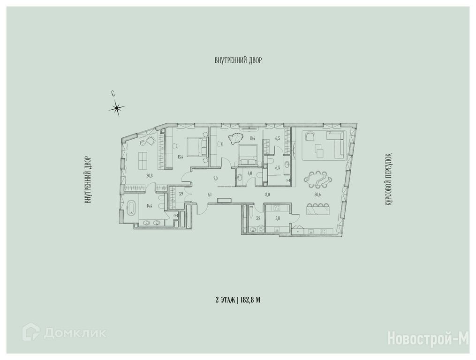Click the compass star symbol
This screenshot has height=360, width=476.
pos(117,108)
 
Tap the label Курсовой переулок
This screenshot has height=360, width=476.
pos(390,180)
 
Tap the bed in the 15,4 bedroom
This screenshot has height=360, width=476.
pos(197,146)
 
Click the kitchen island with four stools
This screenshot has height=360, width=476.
pos(318,209)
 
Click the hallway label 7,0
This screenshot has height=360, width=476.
pos(216,179)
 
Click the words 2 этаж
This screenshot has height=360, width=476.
pos(225,300)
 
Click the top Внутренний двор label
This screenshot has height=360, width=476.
pos(238,60)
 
